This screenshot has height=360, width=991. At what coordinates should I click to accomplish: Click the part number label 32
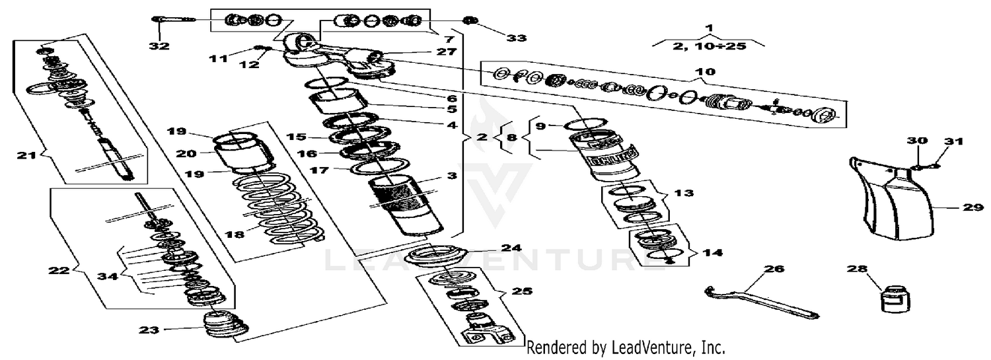(x=159, y=46)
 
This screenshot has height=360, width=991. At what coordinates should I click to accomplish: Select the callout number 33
(x=516, y=38)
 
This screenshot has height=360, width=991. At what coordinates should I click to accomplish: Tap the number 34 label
(x=108, y=276)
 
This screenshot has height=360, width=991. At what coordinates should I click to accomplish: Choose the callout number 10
(x=708, y=70)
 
